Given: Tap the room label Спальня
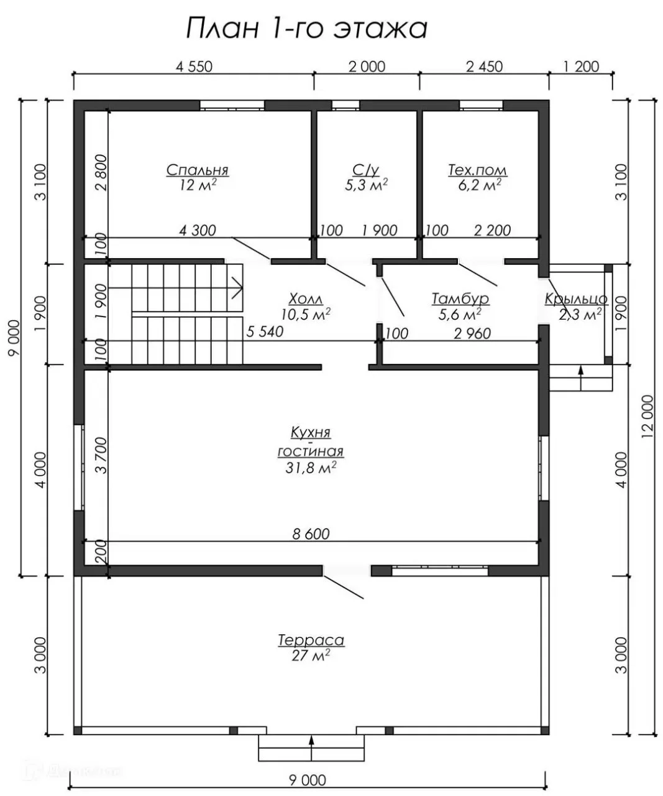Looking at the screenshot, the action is point(198,170).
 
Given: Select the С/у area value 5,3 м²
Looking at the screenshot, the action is point(366,185).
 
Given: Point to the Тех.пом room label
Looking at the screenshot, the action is point(477,170).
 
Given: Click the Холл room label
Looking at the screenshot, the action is point(306,299).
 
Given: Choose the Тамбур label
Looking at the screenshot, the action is point(460,299).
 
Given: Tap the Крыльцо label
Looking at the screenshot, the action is point(575,299).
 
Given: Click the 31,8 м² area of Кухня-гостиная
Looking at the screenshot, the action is point(311,468).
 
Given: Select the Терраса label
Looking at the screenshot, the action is point(311,640).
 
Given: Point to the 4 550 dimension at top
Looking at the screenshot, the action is point(194,67).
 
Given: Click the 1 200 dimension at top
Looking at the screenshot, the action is point(581,67).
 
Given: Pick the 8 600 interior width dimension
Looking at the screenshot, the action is point(311,534).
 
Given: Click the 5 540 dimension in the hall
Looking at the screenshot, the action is point(265,331).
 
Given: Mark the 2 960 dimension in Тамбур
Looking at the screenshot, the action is point(472,333).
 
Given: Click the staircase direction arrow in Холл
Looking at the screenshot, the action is point(176,288).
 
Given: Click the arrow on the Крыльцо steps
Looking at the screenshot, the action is point(581,378).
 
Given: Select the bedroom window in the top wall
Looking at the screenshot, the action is point(232,105).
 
